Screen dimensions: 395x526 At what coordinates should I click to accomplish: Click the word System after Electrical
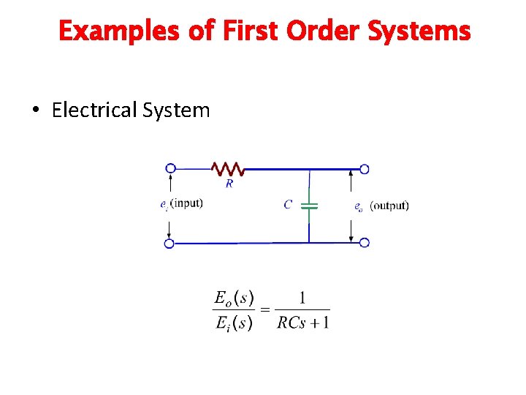click(x=176, y=110)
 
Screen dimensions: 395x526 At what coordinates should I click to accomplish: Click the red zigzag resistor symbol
click(x=228, y=169)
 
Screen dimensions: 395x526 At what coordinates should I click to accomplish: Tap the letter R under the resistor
click(x=229, y=184)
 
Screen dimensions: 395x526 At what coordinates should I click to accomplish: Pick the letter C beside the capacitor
click(x=288, y=205)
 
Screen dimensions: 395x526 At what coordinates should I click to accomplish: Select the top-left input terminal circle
click(x=170, y=168)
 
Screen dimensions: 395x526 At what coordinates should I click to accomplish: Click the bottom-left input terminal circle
click(x=169, y=243)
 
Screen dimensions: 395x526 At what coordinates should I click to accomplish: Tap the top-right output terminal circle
click(x=364, y=169)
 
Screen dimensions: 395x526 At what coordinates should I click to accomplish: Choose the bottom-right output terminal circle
click(x=364, y=243)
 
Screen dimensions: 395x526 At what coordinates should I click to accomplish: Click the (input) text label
click(x=186, y=203)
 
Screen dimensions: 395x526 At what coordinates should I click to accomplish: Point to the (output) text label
click(x=389, y=206)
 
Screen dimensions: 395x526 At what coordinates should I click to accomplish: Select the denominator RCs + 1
click(x=303, y=323)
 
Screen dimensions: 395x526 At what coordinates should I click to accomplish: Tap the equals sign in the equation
click(x=264, y=310)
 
